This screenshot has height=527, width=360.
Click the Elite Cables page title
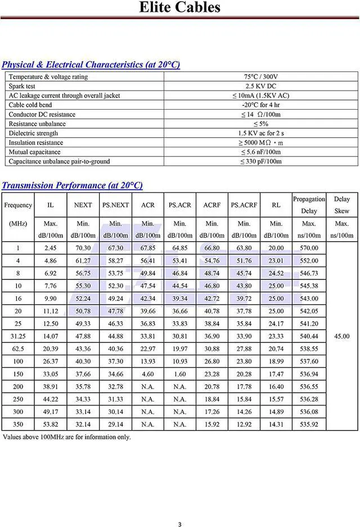coord(179,8)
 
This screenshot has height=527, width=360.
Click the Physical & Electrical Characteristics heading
coord(91,65)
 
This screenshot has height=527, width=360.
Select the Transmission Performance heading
coord(72,185)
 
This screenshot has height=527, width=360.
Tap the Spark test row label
coord(22,86)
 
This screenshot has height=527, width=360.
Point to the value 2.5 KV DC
coord(260,86)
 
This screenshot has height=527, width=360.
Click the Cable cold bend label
coord(30,105)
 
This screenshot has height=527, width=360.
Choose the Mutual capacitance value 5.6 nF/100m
coord(260,152)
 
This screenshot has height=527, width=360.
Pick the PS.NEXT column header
coord(115,205)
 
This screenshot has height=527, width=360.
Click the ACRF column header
coord(211,205)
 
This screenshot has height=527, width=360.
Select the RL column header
coord(276,205)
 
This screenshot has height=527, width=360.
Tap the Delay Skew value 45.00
coord(341,336)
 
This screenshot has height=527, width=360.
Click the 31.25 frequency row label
coord(18,336)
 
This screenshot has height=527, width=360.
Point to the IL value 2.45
coord(51,248)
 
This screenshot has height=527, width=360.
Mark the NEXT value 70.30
coord(83,248)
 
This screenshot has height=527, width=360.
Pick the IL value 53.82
coord(51,425)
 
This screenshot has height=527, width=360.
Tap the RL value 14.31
coord(276,425)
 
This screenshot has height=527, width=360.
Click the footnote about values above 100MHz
coord(67,437)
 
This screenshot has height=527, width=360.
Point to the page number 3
coord(179,524)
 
